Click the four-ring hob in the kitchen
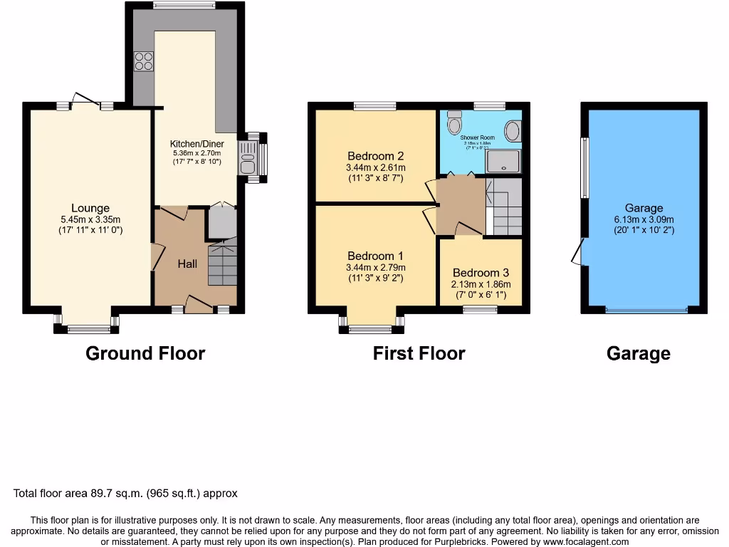143,62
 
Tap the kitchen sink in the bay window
247,158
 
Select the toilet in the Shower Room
453,125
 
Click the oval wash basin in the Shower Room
511,131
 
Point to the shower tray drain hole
505,160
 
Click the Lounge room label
90,209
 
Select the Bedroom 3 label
481,273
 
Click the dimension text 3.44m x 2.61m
375,168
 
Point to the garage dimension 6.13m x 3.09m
644,219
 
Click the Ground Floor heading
145,353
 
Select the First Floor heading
419,353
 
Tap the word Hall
187,264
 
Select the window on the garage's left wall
584,168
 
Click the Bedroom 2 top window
375,106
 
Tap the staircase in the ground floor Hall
222,265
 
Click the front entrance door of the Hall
199,306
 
